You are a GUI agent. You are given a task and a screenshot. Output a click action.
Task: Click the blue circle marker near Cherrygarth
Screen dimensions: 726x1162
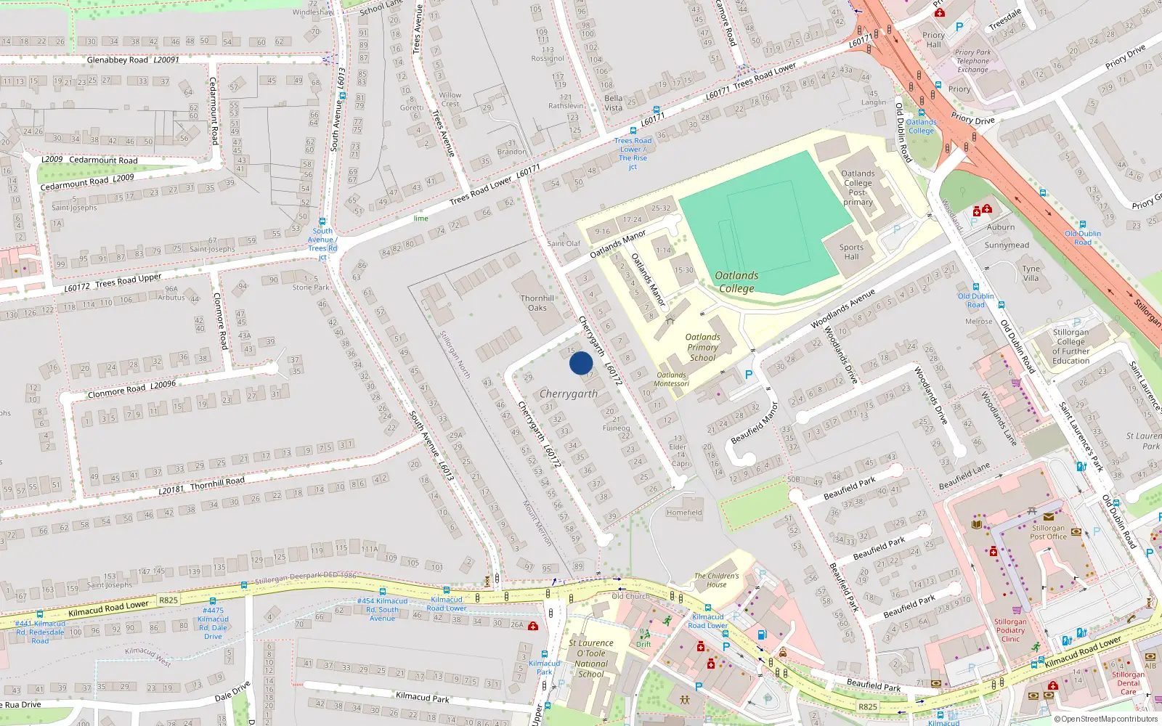pyautogui.click(x=581, y=363)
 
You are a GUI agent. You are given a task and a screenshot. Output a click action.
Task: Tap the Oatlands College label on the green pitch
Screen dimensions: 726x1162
pyautogui.click(x=736, y=282)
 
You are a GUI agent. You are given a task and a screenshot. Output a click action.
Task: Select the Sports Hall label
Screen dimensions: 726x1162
pyautogui.click(x=851, y=252)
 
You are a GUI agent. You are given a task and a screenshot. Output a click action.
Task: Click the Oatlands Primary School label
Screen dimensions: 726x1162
pyautogui.click(x=702, y=347)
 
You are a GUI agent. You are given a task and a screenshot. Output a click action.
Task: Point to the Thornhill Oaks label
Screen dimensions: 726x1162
pyautogui.click(x=537, y=303)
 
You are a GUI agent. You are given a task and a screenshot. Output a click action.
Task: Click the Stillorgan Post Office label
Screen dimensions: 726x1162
pyautogui.click(x=1048, y=532)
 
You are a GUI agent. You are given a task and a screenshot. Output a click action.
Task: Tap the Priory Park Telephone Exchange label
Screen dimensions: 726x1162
pyautogui.click(x=972, y=61)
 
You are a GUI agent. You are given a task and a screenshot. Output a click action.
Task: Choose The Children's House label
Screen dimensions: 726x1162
pyautogui.click(x=716, y=580)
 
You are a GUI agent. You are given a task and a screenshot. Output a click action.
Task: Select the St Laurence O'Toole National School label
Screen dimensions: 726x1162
pyautogui.click(x=591, y=658)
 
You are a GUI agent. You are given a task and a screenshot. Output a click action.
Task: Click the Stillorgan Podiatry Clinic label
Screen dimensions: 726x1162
pyautogui.click(x=1010, y=630)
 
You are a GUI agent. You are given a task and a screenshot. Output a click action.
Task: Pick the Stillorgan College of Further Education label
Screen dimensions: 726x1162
pyautogui.click(x=1070, y=346)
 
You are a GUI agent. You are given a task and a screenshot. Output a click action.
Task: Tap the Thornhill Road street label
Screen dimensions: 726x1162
pyautogui.click(x=217, y=483)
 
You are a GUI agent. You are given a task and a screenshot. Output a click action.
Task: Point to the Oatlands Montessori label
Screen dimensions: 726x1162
pyautogui.click(x=671, y=380)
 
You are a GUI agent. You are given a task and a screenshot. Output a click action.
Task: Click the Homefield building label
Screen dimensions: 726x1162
pyautogui.click(x=684, y=513)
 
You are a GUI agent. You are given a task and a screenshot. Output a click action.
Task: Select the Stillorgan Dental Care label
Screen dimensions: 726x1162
pyautogui.click(x=1128, y=683)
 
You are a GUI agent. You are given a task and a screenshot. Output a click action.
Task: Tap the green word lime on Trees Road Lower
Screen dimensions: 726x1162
pyautogui.click(x=421, y=219)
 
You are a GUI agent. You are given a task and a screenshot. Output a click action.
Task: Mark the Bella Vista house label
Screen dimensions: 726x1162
pyautogui.click(x=613, y=103)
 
